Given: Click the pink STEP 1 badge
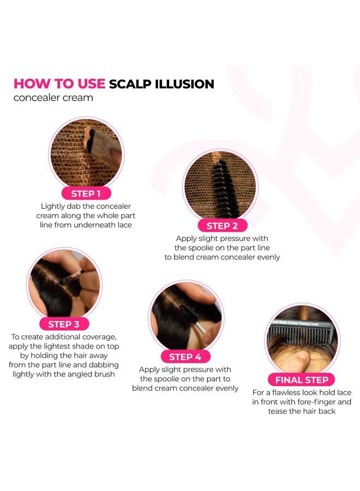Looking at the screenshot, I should point(86,193).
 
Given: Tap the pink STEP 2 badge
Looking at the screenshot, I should point(222,225).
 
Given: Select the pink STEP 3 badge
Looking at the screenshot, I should point(63,324).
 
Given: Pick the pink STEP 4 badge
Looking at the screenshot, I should point(185,357).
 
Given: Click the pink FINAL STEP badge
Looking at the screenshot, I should point(301,380).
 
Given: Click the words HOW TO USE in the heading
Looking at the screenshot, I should point(59,84).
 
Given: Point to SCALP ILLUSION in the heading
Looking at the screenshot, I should point(161,84).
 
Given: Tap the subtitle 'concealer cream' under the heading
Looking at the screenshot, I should point(53,98).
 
